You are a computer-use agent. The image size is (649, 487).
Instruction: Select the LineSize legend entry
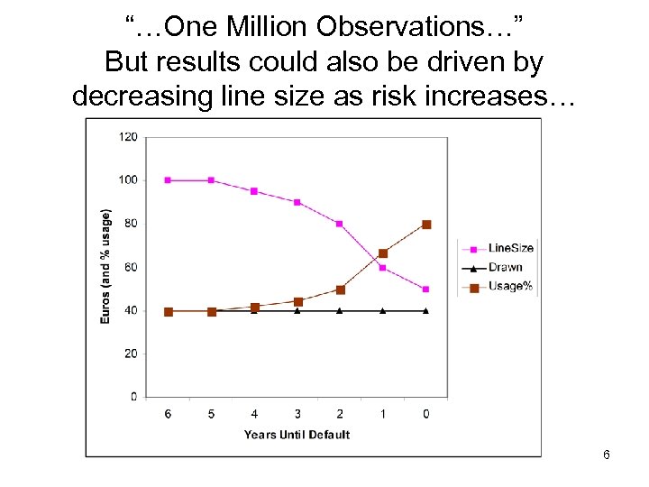[510, 248]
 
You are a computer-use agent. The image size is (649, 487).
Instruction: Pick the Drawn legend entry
[504, 267]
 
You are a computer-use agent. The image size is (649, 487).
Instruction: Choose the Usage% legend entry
[508, 287]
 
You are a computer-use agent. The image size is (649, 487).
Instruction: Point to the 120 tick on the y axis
[128, 137]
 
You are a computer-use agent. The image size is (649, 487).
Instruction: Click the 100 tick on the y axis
[128, 180]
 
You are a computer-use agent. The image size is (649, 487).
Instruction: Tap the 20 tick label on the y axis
[131, 354]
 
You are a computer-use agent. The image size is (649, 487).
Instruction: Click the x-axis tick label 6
[168, 414]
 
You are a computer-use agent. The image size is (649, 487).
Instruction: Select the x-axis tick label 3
[297, 414]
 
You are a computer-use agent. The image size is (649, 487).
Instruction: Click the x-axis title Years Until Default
[297, 435]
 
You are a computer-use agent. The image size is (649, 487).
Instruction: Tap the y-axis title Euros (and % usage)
[106, 266]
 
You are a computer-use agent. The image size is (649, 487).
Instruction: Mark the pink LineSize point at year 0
[426, 289]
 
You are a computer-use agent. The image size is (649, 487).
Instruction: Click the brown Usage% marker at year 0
[426, 225]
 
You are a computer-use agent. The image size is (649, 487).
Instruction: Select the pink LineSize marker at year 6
[168, 180]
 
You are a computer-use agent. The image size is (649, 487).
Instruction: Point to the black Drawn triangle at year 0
[426, 310]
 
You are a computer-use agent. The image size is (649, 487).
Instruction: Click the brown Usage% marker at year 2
[341, 289]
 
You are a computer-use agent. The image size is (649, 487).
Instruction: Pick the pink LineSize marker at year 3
[297, 202]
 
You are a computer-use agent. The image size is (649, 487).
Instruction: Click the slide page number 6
[607, 455]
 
